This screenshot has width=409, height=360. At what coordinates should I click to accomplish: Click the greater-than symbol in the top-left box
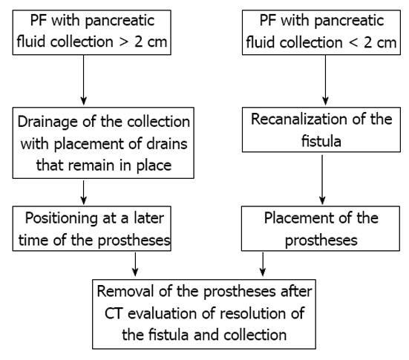coord(125,42)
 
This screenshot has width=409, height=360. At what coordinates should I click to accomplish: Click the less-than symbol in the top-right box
coord(353,42)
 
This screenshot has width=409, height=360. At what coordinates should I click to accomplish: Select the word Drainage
coord(48,122)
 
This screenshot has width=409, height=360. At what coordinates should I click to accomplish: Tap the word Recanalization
coord(299,120)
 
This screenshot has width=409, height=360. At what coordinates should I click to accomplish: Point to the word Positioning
coord(62,219)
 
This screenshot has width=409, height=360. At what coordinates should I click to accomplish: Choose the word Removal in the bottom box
coord(125,291)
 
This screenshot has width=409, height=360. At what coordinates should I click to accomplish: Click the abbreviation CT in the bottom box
coord(114,313)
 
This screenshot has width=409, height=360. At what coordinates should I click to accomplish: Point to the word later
coord(148,218)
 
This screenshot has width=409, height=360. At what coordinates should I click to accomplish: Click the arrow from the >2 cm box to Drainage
coord(83,80)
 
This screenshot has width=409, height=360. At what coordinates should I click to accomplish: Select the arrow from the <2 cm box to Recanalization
coord(325,80)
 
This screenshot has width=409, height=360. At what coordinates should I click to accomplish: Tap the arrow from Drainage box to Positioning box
coord(83,192)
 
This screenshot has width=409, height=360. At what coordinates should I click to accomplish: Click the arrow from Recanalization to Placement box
coord(322,180)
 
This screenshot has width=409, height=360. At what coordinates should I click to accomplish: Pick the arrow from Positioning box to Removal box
coord(135,264)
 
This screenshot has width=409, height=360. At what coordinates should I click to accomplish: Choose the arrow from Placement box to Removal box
coord(263,264)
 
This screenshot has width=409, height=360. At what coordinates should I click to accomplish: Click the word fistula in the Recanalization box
coord(321,141)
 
